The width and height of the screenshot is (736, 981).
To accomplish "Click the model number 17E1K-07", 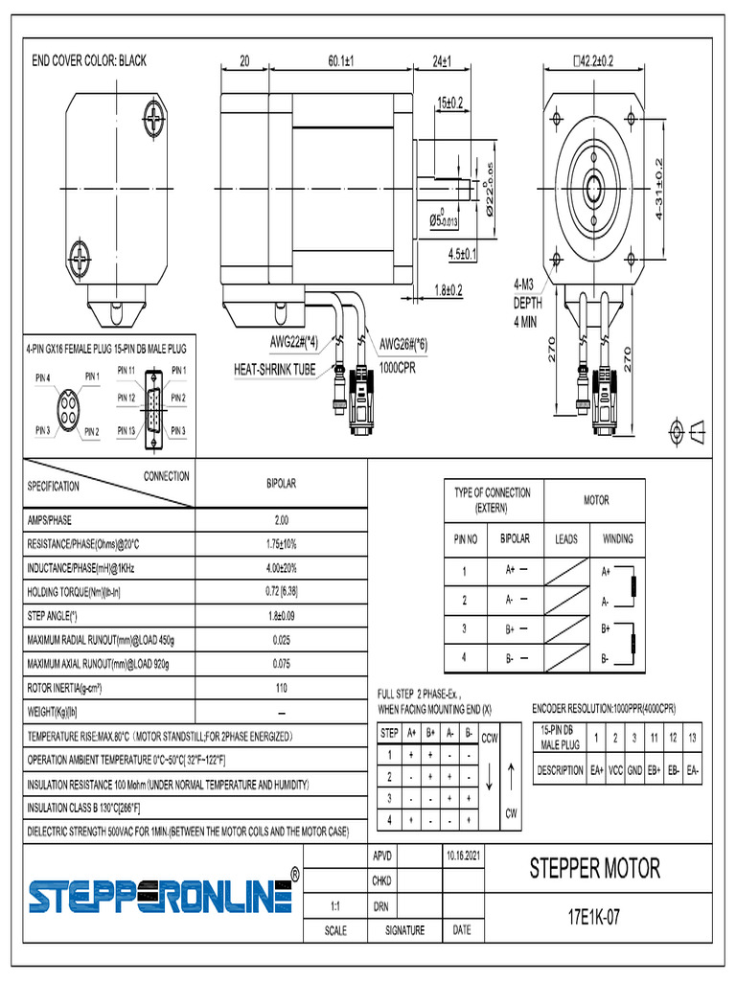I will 594,917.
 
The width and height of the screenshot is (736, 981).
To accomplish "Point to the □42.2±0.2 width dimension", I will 606,60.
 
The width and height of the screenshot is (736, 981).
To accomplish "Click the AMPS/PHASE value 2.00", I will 281,520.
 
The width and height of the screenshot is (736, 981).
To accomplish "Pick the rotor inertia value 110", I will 281,688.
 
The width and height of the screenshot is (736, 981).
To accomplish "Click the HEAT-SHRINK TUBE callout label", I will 275,369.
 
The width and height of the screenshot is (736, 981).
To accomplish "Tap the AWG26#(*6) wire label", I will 403,344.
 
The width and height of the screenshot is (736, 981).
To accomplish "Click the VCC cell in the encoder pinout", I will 616,769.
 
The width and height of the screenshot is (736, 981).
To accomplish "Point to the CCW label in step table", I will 489,738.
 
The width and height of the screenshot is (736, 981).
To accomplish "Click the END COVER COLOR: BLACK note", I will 89,60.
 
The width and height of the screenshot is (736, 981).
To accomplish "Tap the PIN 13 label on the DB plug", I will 126,430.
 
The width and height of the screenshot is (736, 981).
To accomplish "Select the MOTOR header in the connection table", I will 596,500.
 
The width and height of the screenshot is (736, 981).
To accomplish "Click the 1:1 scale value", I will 335,904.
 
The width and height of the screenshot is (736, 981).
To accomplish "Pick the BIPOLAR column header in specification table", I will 281,484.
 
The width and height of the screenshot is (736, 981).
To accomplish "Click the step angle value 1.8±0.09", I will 281,616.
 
